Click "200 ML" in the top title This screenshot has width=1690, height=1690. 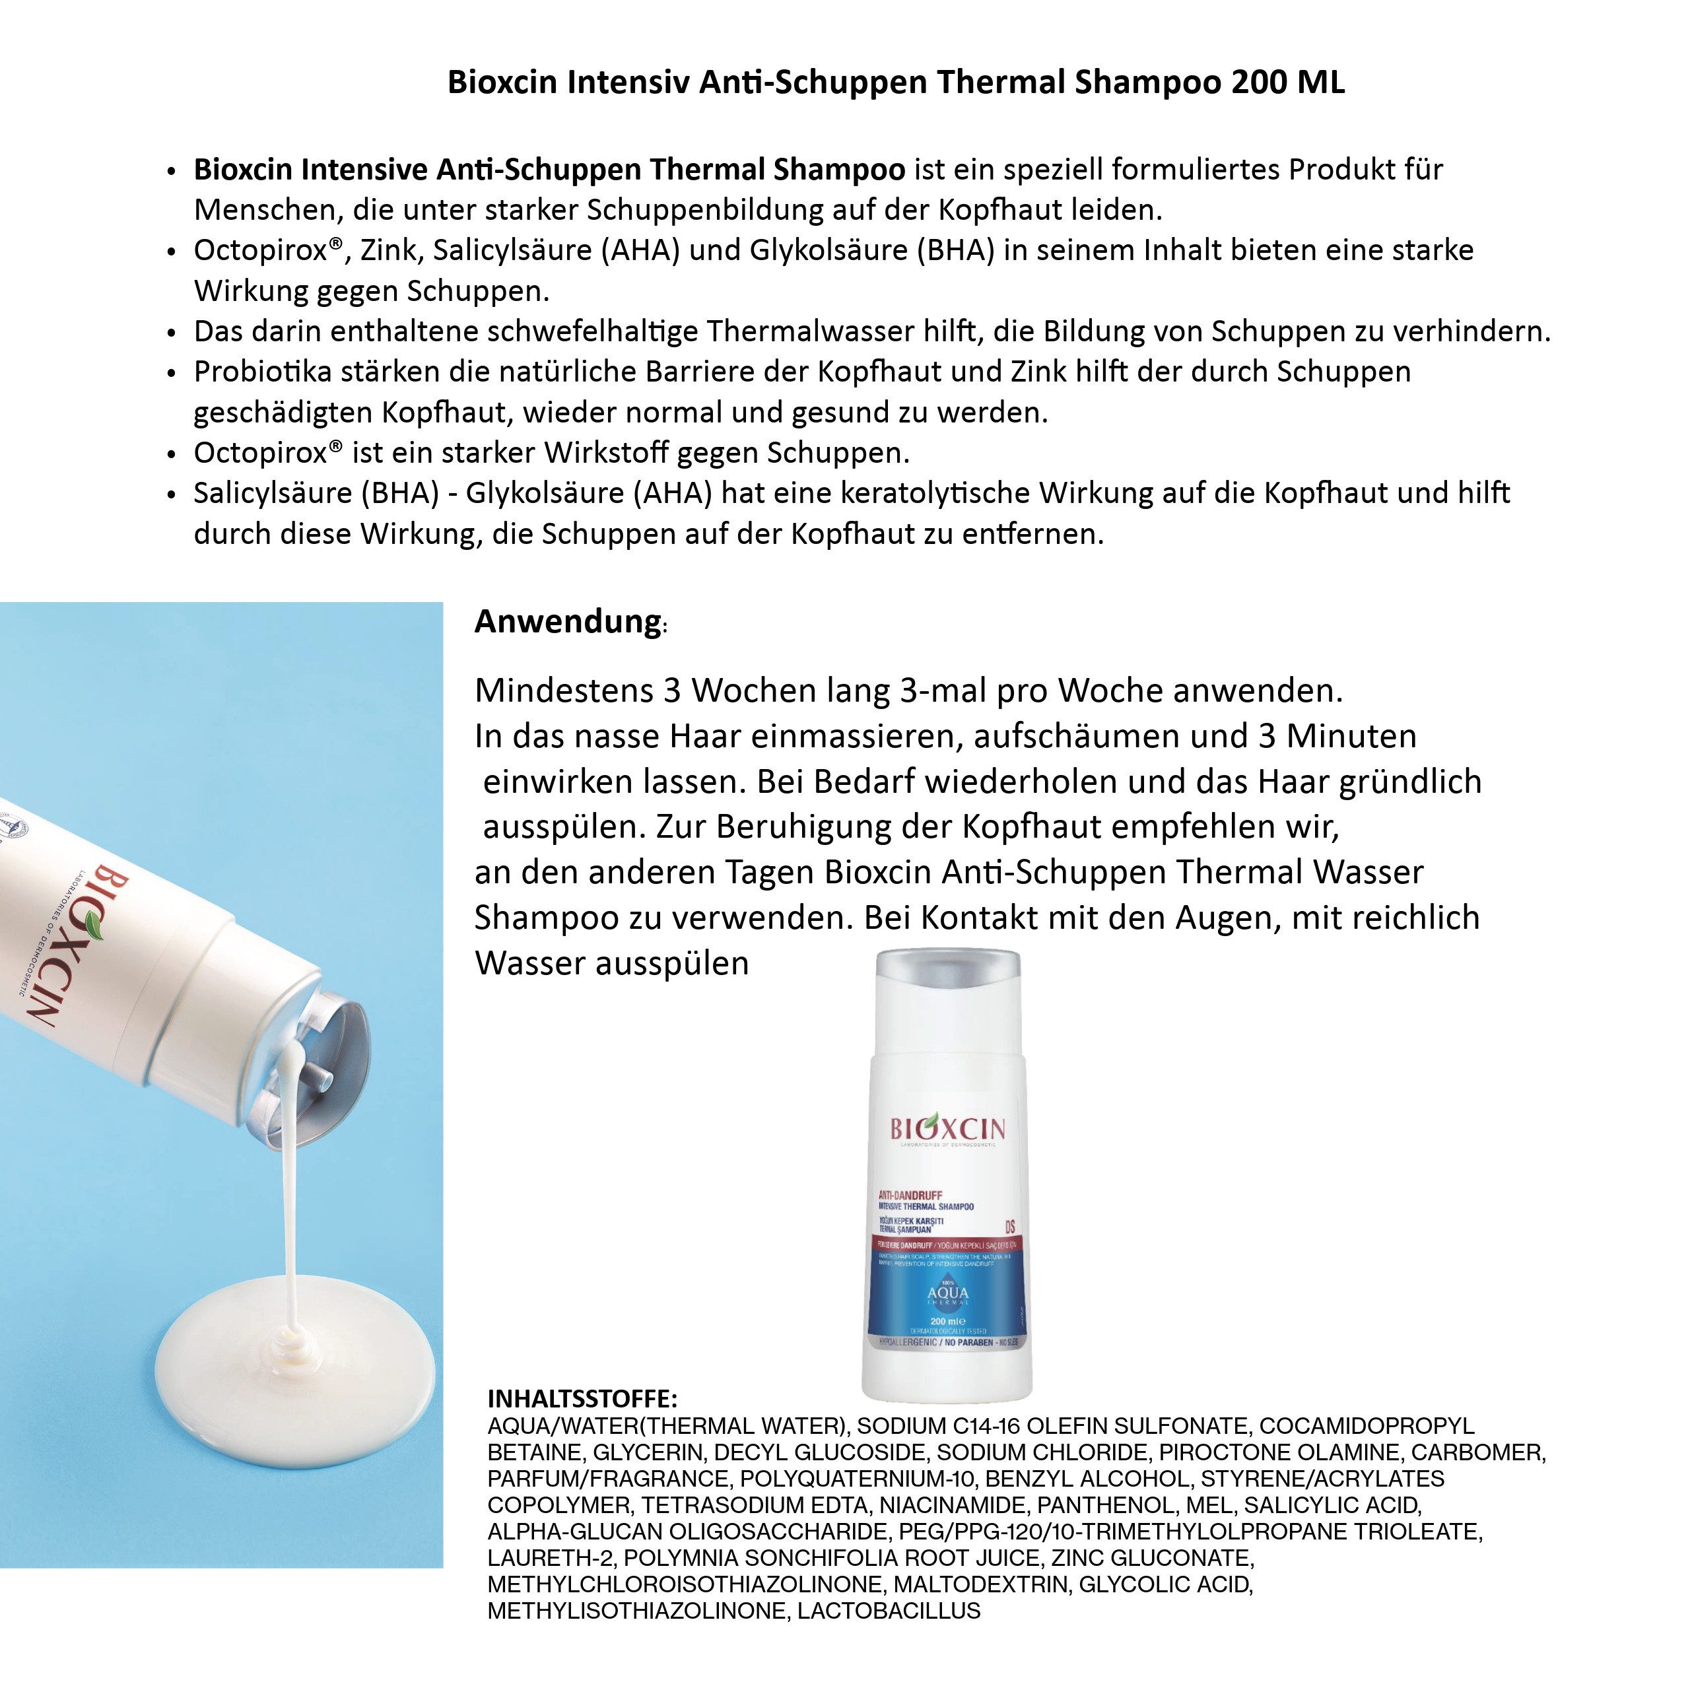(1289, 83)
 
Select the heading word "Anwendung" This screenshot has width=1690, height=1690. (568, 621)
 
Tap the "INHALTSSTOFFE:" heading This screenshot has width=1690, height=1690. (582, 1398)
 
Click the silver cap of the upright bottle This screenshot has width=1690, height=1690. (947, 980)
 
